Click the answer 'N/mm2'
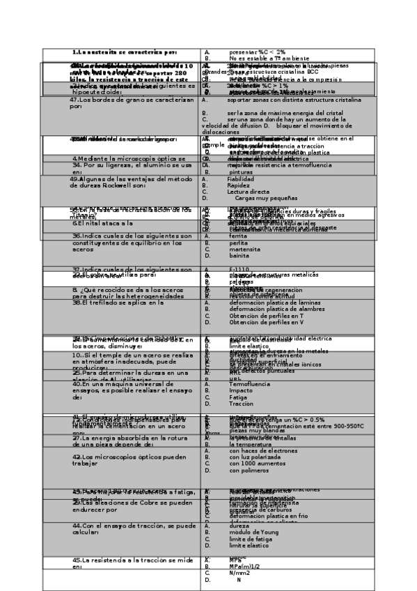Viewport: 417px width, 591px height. coord(239,572)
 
